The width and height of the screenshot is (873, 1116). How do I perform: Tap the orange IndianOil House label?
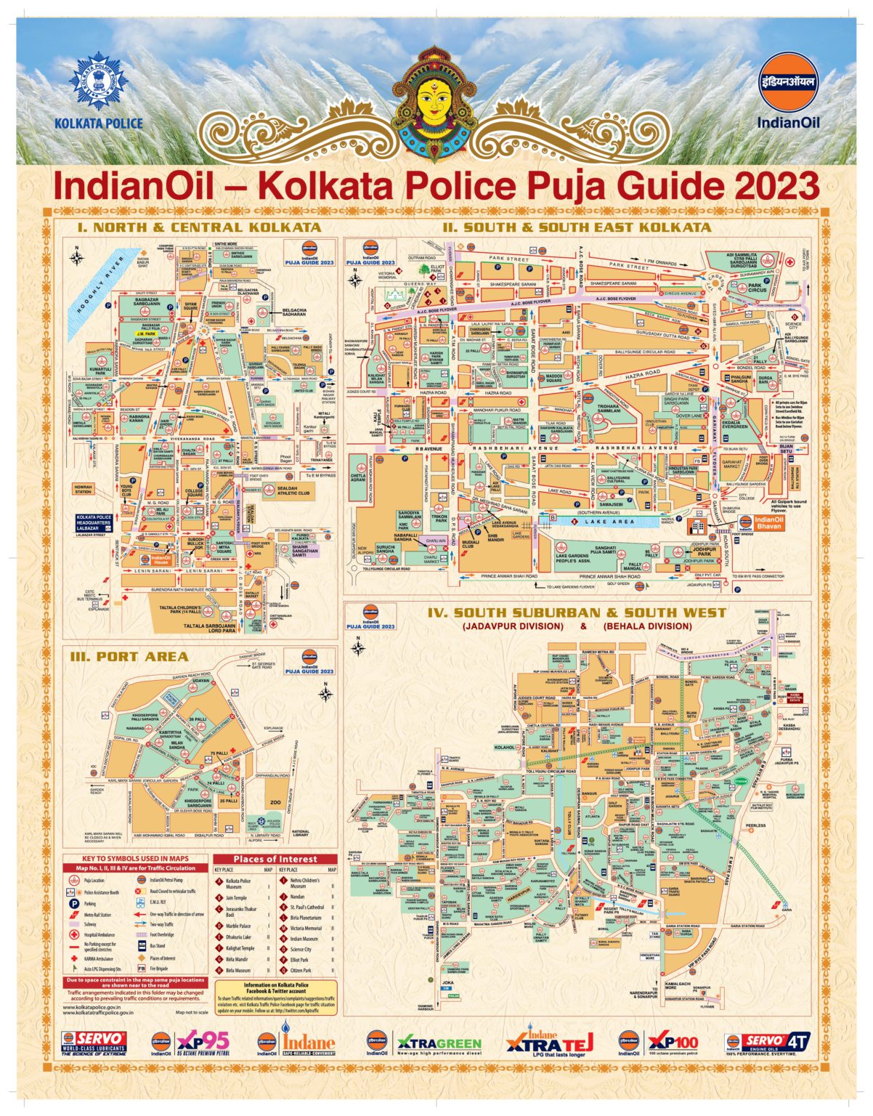click(x=161, y=559)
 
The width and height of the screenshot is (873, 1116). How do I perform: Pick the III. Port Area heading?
click(x=129, y=657)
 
